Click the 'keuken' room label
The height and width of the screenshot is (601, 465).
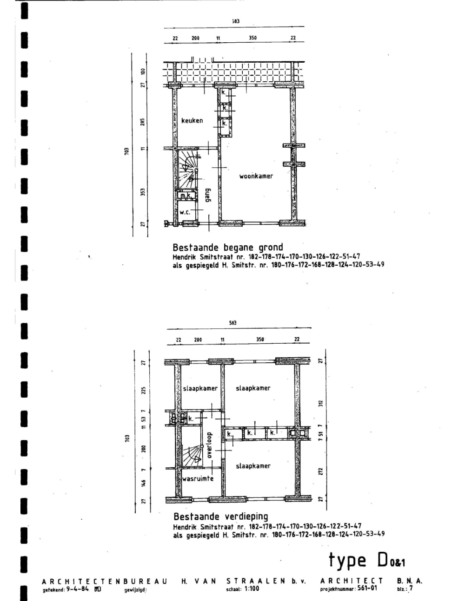[x=192, y=121]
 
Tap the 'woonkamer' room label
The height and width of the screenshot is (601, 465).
[x=256, y=176]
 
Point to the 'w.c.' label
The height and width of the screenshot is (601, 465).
[x=185, y=212]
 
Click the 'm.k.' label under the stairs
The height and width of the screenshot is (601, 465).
[x=186, y=196]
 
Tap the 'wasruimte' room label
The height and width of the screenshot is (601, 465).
[x=198, y=478]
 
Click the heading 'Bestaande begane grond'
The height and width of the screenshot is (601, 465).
[x=227, y=248]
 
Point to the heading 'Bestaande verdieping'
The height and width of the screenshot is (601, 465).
[x=220, y=516]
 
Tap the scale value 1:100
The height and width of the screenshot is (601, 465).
[x=251, y=589]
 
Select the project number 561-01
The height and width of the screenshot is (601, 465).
[x=367, y=588]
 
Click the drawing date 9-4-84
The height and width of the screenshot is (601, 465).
[x=78, y=589]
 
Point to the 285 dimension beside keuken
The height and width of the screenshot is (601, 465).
[x=143, y=121]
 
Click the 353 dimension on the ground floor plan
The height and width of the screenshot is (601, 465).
[x=143, y=191]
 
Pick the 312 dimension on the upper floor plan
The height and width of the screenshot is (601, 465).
[x=320, y=402]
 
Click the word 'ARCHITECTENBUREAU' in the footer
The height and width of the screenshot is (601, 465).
[x=105, y=581]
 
